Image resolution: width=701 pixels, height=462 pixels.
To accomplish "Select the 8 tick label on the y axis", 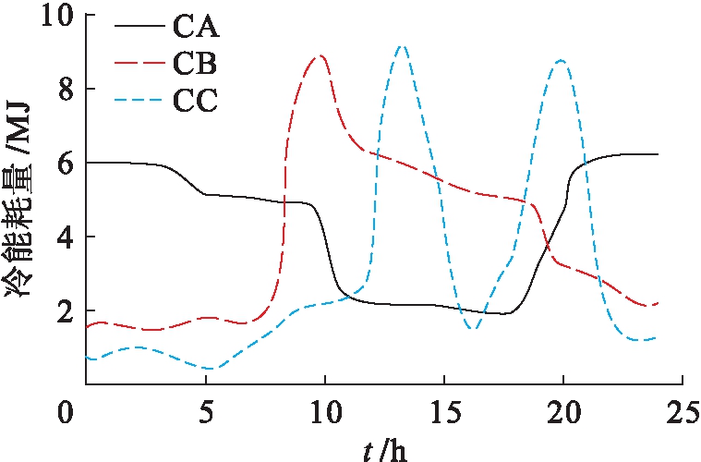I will click(68, 90).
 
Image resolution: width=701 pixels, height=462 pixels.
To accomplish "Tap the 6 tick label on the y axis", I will click(68, 164).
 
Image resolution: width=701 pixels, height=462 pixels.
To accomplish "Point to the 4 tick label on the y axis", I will click(68, 237).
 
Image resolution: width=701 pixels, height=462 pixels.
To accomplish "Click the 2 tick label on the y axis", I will click(68, 311).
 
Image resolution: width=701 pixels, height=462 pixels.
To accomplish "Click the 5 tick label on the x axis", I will click(205, 409).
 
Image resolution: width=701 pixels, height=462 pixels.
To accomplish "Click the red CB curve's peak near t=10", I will click(320, 55).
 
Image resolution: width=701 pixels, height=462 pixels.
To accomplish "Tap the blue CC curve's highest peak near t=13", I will click(400, 45).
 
